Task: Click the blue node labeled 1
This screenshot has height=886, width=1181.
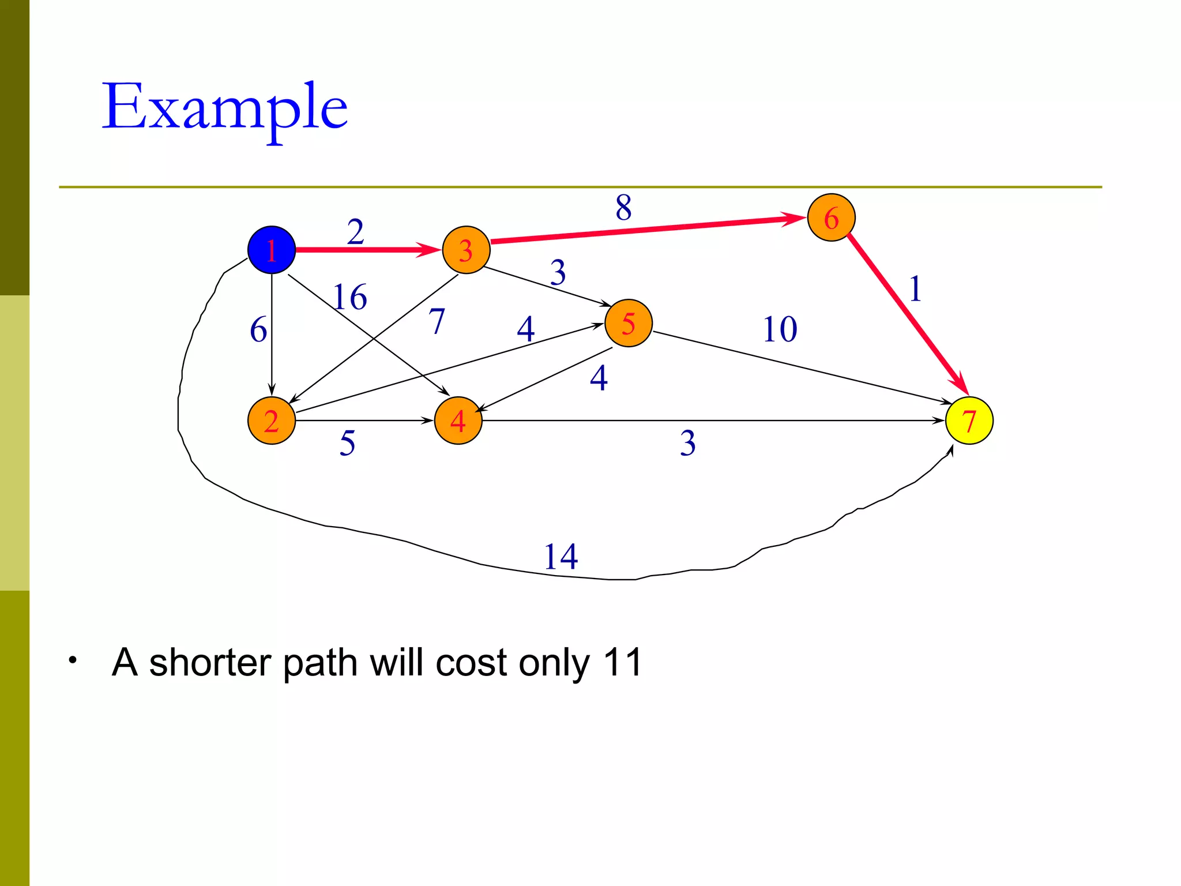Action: (272, 250)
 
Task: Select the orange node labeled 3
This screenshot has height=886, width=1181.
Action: (466, 250)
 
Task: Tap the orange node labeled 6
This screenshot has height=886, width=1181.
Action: (831, 217)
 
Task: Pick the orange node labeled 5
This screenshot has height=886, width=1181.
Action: (629, 323)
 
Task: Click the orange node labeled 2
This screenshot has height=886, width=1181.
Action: (272, 421)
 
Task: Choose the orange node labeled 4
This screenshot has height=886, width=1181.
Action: (458, 421)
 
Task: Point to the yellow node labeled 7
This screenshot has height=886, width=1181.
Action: (969, 421)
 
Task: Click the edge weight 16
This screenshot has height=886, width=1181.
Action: (350, 297)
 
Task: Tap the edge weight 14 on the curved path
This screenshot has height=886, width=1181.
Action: (561, 557)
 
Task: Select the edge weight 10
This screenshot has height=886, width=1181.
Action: (780, 329)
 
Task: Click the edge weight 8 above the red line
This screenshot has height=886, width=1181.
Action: (623, 207)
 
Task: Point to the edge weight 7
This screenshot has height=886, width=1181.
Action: (437, 321)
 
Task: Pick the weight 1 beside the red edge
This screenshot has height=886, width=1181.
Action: (915, 288)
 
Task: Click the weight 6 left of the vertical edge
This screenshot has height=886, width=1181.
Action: (258, 330)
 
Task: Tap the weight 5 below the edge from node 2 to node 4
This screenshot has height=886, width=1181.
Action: (347, 443)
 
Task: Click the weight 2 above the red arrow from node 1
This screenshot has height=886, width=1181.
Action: (355, 232)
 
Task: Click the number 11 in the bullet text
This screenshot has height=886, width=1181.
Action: (622, 662)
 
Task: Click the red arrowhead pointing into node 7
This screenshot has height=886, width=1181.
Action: (960, 385)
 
